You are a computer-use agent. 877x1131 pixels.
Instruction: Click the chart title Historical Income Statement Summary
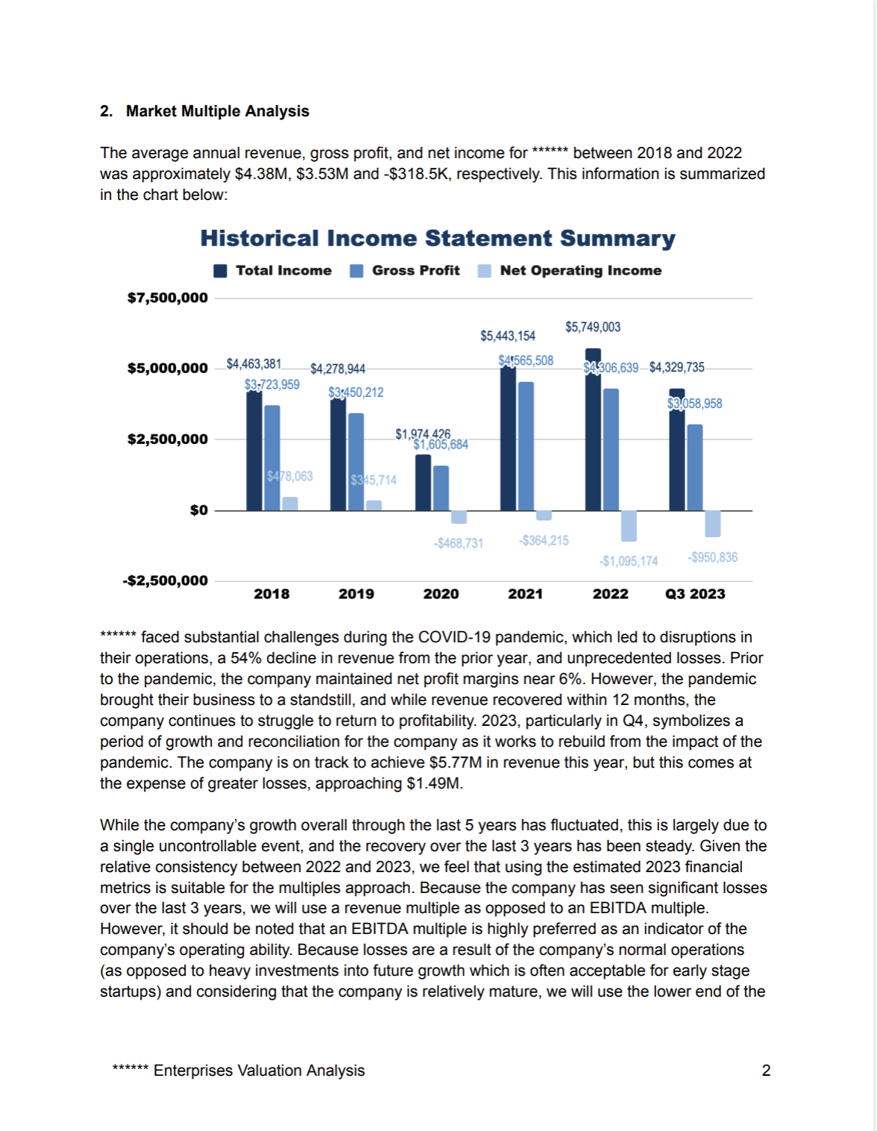[438, 239]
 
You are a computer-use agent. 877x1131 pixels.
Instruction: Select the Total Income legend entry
[272, 271]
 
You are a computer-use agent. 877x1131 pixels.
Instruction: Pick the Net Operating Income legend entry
[570, 271]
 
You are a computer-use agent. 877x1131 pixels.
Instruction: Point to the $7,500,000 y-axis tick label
[168, 298]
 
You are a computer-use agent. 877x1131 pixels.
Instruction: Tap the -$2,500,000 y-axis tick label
[166, 580]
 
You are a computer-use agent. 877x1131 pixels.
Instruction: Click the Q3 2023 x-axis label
[695, 594]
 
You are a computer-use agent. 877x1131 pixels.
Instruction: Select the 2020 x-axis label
[441, 594]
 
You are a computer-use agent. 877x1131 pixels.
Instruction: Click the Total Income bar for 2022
[593, 430]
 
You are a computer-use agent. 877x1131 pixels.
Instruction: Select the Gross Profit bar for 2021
[526, 446]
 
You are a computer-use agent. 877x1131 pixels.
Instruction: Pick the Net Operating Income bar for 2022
[629, 526]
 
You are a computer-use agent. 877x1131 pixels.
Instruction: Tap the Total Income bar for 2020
[423, 483]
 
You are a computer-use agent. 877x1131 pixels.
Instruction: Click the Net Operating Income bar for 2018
[290, 504]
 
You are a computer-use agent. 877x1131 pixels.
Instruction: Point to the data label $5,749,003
[593, 327]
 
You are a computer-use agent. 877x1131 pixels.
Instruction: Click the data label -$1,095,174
[629, 561]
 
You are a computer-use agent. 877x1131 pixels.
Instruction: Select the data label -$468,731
[459, 543]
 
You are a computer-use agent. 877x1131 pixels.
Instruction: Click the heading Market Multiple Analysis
[217, 111]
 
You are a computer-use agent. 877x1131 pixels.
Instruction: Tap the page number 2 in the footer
[766, 1071]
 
